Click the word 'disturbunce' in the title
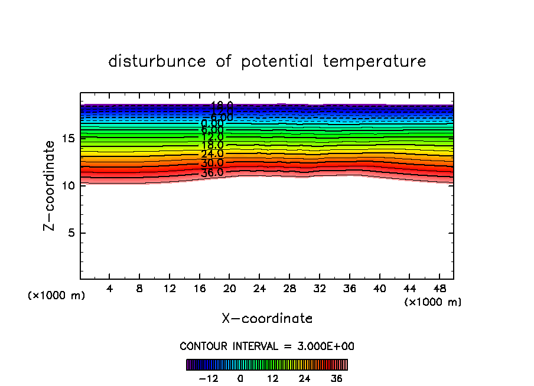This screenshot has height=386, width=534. (x=157, y=61)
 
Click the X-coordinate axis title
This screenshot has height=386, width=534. (x=267, y=319)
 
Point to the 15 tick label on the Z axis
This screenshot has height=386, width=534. (x=67, y=139)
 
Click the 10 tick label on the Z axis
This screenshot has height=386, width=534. (x=67, y=185)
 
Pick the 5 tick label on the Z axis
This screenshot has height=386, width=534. (x=70, y=233)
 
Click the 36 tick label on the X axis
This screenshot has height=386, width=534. (x=349, y=289)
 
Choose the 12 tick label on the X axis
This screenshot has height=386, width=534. (x=170, y=289)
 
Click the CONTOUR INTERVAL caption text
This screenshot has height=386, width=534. (x=267, y=346)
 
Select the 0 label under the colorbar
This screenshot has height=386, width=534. (x=240, y=378)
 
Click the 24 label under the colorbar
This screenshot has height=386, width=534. (x=304, y=378)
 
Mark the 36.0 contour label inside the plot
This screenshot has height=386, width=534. (x=212, y=173)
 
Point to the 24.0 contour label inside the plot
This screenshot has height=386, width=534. (x=212, y=154)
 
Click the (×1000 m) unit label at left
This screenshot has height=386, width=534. (x=57, y=296)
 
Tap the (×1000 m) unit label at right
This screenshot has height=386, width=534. (x=433, y=302)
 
